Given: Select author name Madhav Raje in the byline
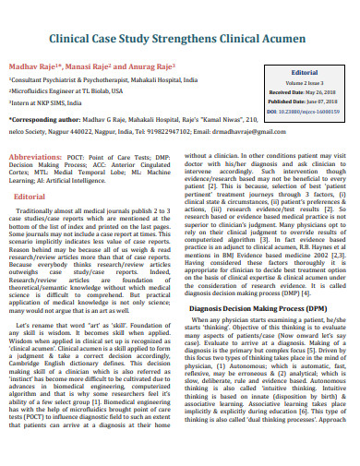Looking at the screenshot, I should point(35,68).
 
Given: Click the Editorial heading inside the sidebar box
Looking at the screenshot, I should point(304,71).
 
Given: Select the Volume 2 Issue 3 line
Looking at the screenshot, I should point(304,82).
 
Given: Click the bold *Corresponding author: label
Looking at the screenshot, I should point(46,120).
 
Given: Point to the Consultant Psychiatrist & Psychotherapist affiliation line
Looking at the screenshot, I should point(102,81).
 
